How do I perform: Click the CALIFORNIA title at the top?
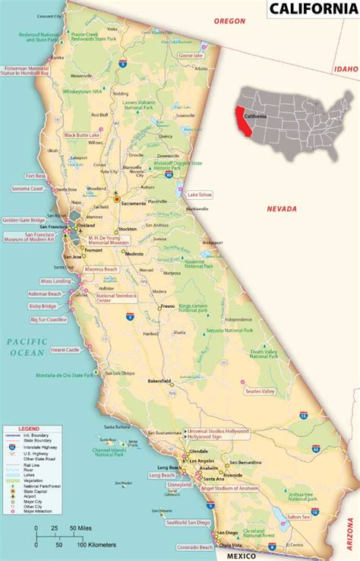[x=312, y=10]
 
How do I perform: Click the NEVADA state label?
[x=281, y=208]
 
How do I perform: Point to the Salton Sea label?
[x=298, y=517]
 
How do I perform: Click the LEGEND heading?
[x=19, y=429]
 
